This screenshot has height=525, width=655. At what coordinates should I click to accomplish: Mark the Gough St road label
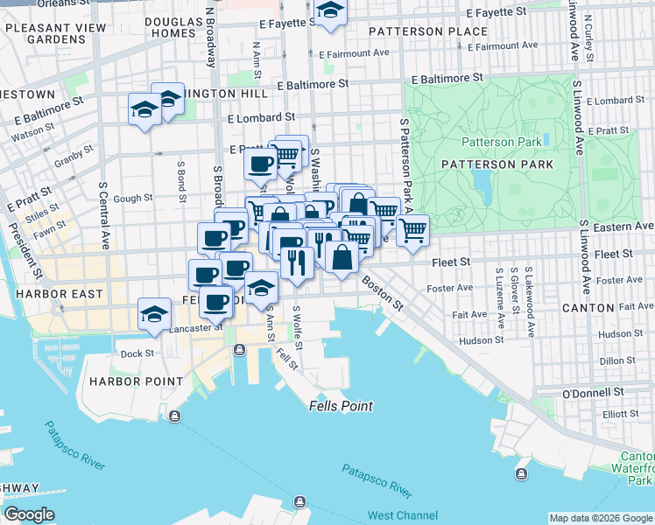click(132, 199)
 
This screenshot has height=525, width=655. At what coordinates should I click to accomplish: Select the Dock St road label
click(137, 353)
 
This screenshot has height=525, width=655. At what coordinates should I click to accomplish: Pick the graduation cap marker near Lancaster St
click(154, 313)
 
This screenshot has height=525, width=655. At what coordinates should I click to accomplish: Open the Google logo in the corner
click(29, 514)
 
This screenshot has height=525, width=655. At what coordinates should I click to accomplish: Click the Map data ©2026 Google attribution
click(600, 518)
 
